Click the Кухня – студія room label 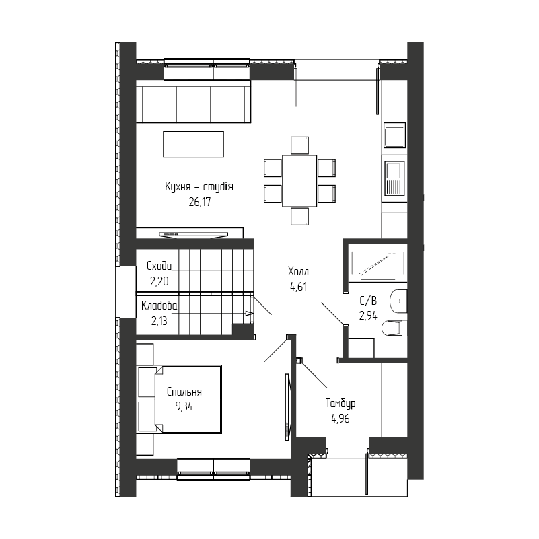pyautogui.click(x=199, y=187)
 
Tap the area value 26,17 pyautogui.click(x=200, y=202)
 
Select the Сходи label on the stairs pyautogui.click(x=159, y=266)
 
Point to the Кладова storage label pyautogui.click(x=159, y=306)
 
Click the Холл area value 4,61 pyautogui.click(x=298, y=287)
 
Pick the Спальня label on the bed pyautogui.click(x=184, y=392)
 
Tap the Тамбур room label pyautogui.click(x=340, y=403)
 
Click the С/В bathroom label pyautogui.click(x=368, y=301)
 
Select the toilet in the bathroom pyautogui.click(x=394, y=328)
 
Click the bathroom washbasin pyautogui.click(x=399, y=301)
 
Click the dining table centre pyautogui.click(x=299, y=181)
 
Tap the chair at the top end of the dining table pyautogui.click(x=299, y=145)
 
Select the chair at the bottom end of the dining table pyautogui.click(x=299, y=216)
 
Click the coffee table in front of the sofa pyautogui.click(x=193, y=145)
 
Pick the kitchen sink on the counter pyautogui.click(x=394, y=135)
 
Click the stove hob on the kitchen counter pyautogui.click(x=394, y=179)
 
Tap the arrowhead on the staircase pyautogui.click(x=249, y=314)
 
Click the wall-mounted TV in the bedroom pyautogui.click(x=288, y=407)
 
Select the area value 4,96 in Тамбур pyautogui.click(x=340, y=419)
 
